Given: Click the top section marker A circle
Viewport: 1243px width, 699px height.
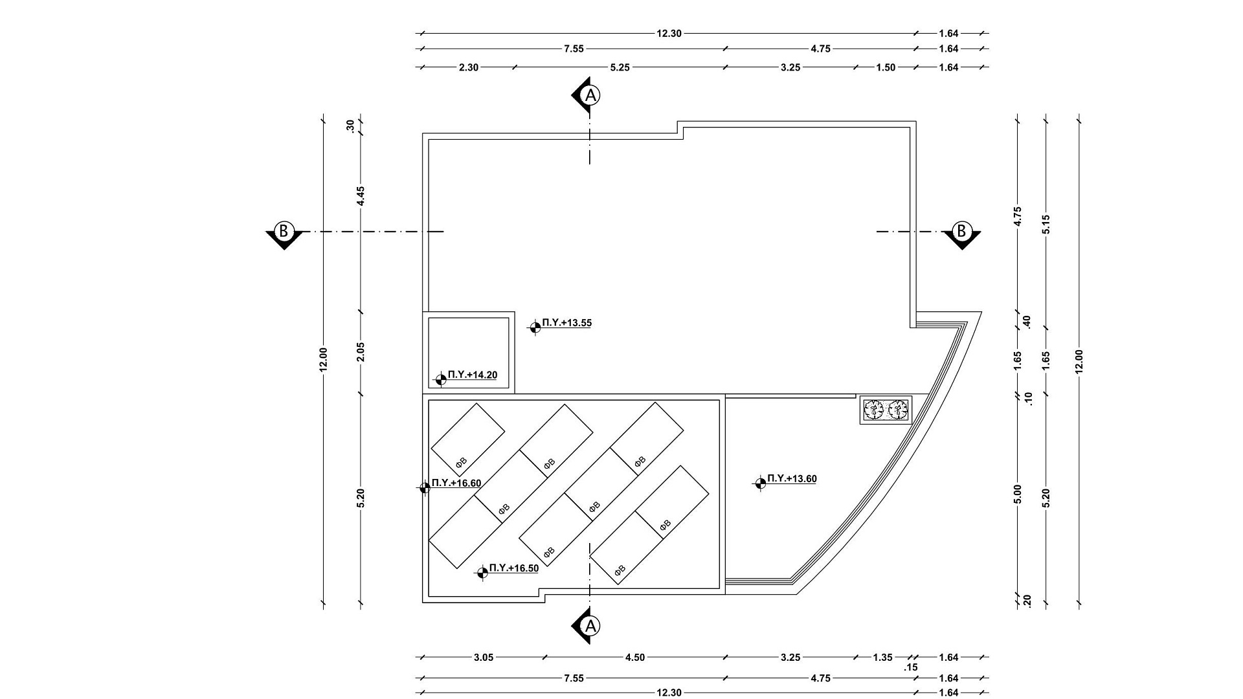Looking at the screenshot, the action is click(590, 96).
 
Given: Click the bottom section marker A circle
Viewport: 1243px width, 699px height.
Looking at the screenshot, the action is click(590, 626).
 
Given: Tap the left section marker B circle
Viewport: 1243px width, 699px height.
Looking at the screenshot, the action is click(284, 231).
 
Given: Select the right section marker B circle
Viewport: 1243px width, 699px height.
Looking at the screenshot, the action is click(961, 231).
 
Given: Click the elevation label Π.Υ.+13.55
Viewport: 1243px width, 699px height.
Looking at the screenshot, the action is click(567, 323).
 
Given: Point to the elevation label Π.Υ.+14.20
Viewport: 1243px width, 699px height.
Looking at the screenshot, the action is click(473, 375).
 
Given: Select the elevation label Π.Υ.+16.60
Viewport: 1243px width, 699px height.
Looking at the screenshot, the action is click(456, 483).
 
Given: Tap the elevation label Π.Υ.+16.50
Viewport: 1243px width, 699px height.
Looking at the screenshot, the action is click(514, 568).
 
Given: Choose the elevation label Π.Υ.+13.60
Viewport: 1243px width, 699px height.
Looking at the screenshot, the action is click(792, 479).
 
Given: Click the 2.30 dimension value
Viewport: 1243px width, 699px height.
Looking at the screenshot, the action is click(469, 67).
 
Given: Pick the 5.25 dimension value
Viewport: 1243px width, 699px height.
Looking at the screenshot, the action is click(620, 67).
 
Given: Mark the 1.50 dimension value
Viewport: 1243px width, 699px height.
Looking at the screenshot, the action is click(886, 67).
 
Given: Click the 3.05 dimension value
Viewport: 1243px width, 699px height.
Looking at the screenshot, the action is click(484, 658).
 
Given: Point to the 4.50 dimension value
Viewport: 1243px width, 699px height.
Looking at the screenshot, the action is click(635, 658).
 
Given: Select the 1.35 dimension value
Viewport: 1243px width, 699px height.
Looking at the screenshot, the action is click(882, 658).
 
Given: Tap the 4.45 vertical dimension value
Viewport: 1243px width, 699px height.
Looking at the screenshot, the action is click(361, 196).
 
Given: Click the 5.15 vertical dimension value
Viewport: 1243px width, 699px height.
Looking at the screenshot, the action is click(1046, 225).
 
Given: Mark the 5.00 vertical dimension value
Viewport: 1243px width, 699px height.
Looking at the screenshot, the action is click(1017, 494).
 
